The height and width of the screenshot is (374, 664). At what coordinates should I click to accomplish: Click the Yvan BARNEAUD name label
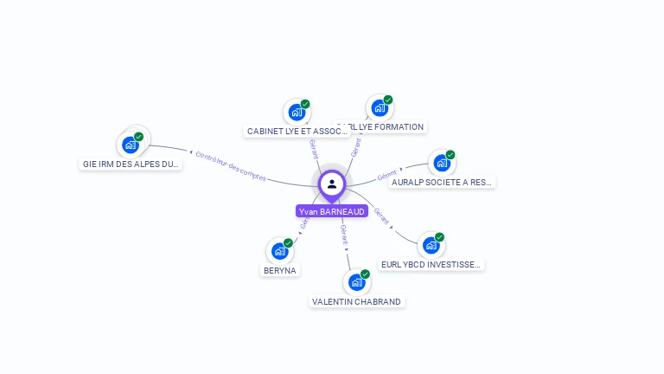(332, 211)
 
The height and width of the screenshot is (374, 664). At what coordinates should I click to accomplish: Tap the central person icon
(332, 184)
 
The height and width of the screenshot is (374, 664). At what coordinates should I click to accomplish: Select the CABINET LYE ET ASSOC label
(297, 132)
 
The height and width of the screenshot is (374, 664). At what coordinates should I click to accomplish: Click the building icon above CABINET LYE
(296, 112)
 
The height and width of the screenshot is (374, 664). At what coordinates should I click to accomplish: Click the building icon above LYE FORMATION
(379, 108)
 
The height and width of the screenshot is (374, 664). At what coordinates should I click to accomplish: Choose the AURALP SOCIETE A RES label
(442, 182)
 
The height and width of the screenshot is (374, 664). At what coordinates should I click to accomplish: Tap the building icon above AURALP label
(441, 163)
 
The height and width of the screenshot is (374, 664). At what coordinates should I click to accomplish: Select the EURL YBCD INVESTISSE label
(431, 264)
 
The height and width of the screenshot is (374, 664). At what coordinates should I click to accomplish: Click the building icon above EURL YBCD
(430, 245)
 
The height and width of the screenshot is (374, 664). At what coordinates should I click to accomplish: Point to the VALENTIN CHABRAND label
(356, 301)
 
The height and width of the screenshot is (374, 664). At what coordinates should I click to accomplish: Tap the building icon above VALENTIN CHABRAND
(355, 282)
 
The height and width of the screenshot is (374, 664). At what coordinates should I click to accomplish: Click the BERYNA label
(279, 270)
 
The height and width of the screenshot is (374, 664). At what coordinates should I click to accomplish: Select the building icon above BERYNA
(278, 251)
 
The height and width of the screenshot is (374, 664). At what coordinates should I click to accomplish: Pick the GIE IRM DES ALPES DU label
(131, 164)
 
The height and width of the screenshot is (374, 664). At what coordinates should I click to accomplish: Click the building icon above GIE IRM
(131, 145)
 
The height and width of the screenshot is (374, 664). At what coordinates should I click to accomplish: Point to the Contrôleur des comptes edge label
(231, 165)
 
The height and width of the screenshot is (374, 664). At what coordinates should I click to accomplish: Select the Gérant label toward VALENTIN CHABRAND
(344, 234)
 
